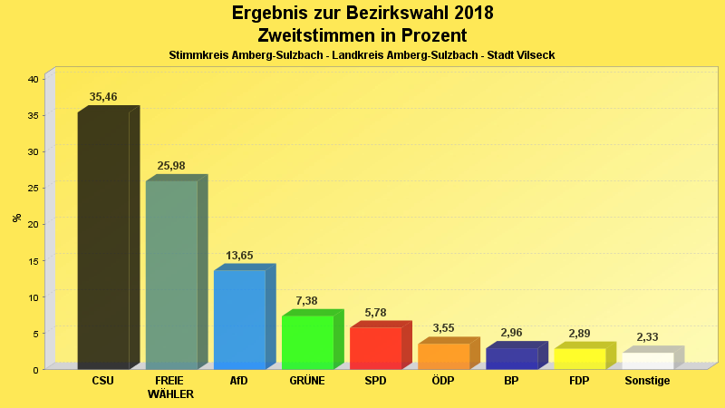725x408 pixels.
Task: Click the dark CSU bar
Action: pos(103,240)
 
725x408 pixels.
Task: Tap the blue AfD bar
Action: pos(239,319)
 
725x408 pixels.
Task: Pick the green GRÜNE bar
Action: pos(307,342)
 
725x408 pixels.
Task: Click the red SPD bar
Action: pos(375,347)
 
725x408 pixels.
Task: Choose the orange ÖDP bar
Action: pos(443,355)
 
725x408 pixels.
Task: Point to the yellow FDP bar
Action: pos(579,358)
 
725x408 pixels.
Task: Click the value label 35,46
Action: pos(103,97)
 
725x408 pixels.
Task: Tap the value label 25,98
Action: pos(171,165)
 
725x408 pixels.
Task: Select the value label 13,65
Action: pos(239,256)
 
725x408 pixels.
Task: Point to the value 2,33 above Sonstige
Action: pos(647,337)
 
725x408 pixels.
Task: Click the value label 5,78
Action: pos(375,313)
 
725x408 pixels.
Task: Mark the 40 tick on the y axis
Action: pos(33,79)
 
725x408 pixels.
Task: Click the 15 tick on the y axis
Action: pos(33,260)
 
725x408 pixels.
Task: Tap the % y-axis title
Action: pos(16,218)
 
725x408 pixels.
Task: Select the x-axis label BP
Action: pos(511,381)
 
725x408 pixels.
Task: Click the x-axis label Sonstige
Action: pos(647,381)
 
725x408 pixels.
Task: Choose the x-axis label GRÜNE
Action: pos(307,381)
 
